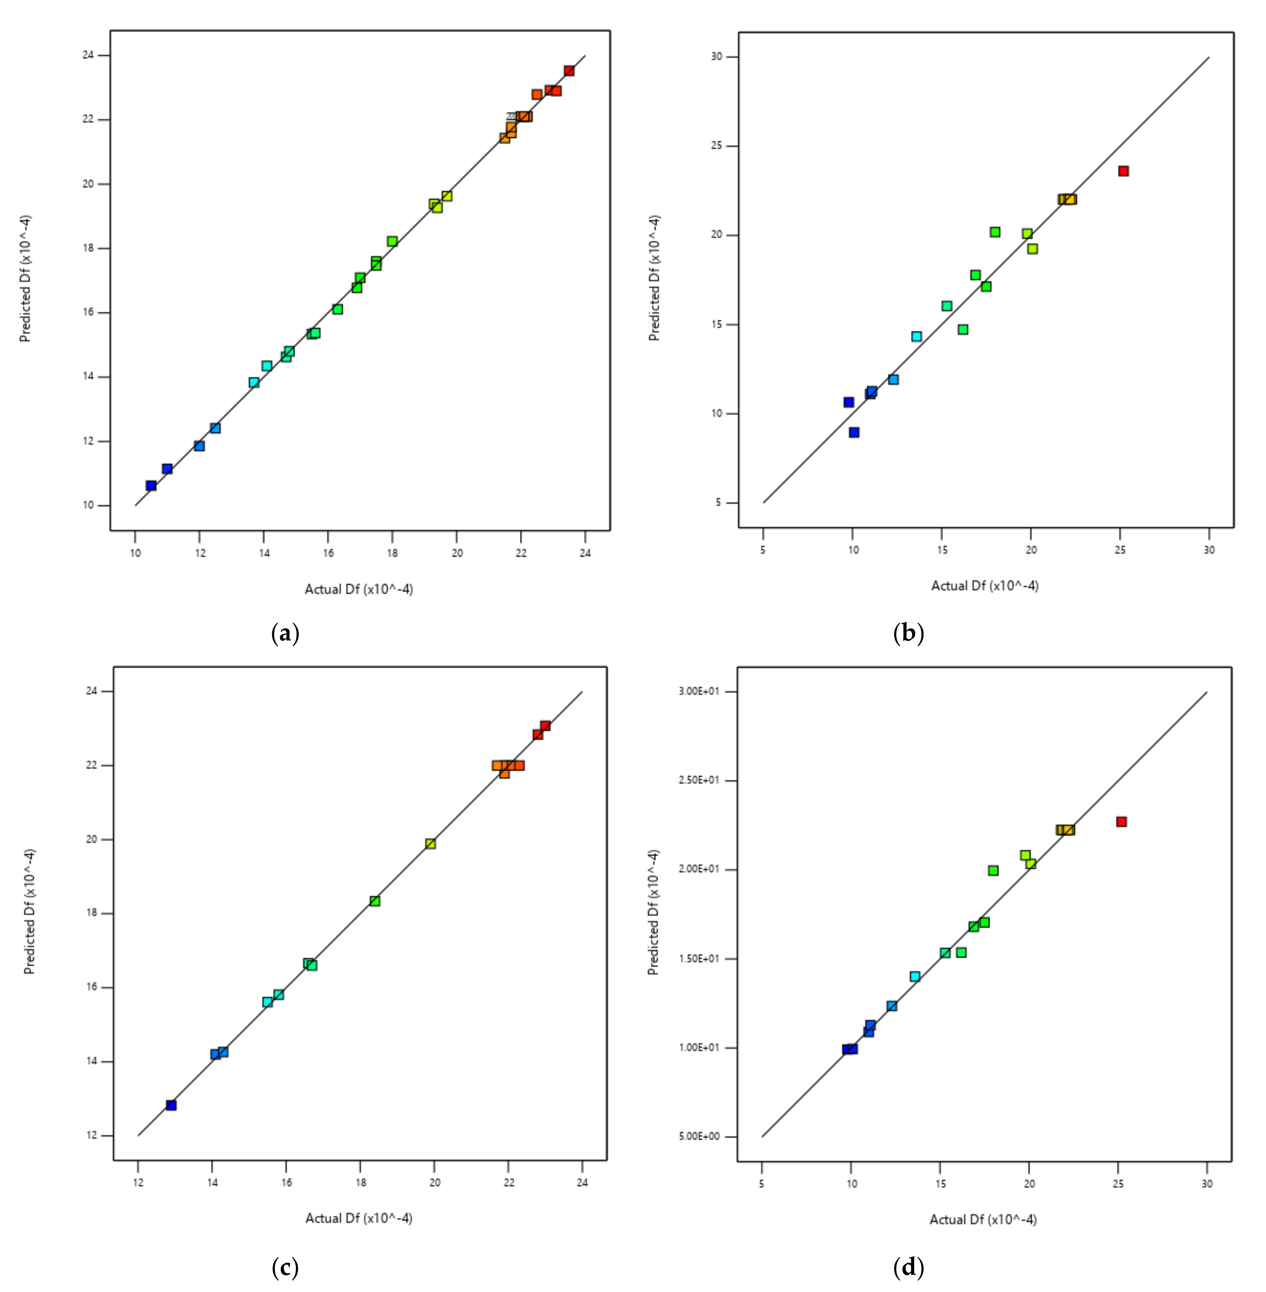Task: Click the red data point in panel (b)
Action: [1123, 171]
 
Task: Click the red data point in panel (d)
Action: [1121, 821]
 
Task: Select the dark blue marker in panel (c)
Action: [171, 1104]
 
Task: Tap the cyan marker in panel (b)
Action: [916, 336]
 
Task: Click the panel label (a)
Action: [285, 633]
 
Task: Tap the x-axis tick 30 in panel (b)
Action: [1209, 550]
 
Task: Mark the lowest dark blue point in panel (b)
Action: [854, 432]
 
